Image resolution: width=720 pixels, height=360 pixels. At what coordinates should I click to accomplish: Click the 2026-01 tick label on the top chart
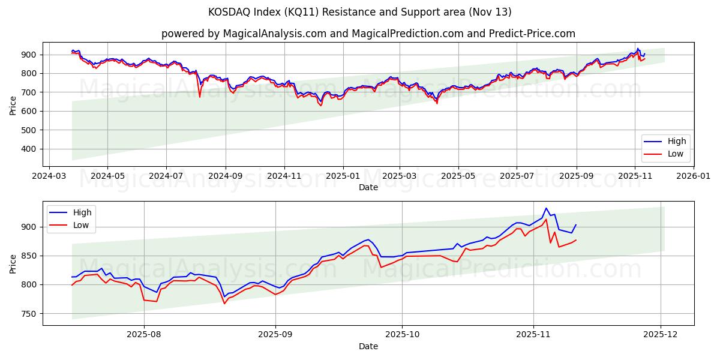tap(694, 177)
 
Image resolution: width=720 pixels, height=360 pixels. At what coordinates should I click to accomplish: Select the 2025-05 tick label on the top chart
tap(458, 177)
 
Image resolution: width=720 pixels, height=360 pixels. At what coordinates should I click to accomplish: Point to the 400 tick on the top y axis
tap(30, 149)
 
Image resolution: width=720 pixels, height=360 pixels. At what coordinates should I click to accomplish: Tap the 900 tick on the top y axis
tap(30, 55)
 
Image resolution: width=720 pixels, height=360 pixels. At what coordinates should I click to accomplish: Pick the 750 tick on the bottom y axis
tap(30, 314)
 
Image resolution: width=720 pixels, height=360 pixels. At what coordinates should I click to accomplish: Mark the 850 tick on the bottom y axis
tap(30, 256)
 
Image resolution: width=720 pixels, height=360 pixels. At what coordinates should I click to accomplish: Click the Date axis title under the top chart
tap(368, 188)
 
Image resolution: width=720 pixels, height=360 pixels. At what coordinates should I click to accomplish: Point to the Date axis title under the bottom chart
tap(368, 347)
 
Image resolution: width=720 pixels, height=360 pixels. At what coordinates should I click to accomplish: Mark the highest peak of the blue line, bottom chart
tap(546, 208)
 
